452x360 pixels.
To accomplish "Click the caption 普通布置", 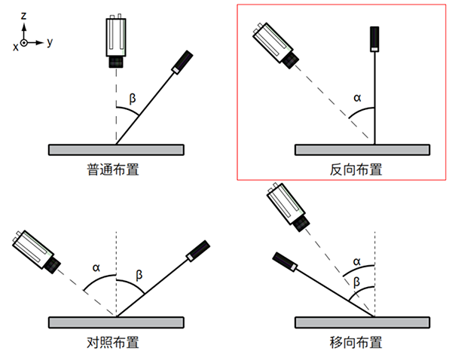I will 115,169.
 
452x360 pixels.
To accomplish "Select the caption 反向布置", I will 356,169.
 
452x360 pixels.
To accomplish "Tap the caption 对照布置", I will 115,343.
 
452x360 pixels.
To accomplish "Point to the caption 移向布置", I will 356,343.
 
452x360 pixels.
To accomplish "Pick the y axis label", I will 50,42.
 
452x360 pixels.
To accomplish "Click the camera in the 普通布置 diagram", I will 116,41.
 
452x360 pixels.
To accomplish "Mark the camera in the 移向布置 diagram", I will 290,207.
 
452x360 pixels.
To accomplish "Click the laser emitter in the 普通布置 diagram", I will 181,63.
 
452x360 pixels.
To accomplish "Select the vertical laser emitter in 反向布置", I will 374,39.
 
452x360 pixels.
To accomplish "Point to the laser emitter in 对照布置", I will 197,251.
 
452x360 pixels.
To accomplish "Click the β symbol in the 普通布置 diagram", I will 133,98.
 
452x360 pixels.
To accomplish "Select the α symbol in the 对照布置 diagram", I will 96,267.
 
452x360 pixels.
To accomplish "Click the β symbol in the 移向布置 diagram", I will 357,282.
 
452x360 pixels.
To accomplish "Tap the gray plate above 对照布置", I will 116,322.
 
